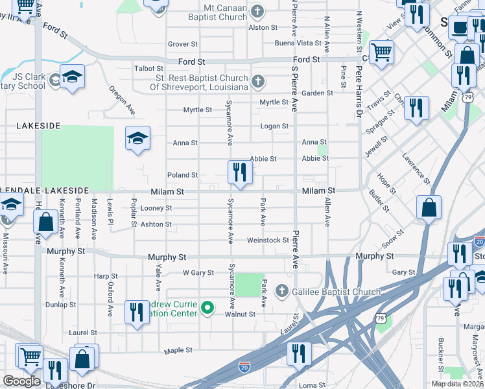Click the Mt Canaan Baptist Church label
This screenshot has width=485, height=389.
[217, 12]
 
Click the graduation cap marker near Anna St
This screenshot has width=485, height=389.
[137, 139]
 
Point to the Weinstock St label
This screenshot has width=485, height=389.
[268, 241]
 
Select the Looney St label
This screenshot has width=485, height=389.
[156, 208]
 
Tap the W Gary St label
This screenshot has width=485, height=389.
[198, 273]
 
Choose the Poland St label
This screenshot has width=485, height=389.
[182, 175]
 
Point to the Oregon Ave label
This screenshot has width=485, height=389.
[122, 100]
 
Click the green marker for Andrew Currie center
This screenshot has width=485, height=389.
[207, 307]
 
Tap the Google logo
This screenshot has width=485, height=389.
[21, 381]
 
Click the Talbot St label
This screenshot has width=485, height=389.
[148, 68]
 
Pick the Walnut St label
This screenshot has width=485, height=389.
[240, 314]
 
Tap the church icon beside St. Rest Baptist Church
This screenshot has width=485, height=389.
[258, 82]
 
